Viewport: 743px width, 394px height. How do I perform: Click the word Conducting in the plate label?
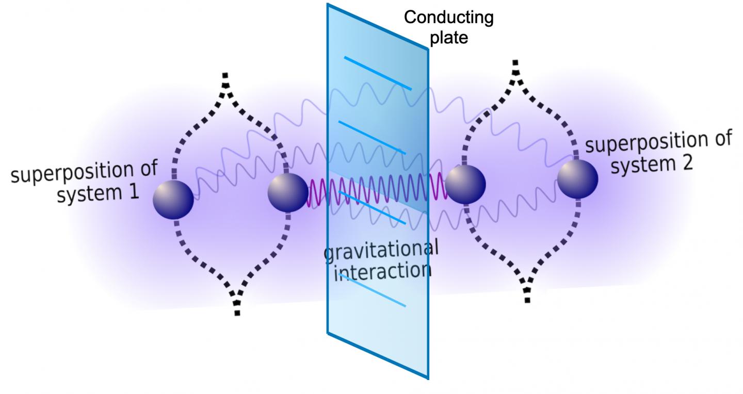click(448, 18)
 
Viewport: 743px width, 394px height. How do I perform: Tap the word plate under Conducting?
click(448, 37)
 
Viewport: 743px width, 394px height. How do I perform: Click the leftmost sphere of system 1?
click(173, 200)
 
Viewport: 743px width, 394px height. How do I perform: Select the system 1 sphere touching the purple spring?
click(288, 192)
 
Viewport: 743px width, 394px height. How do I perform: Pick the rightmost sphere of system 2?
click(577, 178)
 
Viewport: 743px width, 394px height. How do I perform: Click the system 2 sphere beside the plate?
click(465, 184)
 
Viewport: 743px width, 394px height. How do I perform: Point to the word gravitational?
click(381, 251)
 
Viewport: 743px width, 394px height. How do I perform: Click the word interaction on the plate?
click(382, 272)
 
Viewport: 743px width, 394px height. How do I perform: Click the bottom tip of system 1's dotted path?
click(237, 311)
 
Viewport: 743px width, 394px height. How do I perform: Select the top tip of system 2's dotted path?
click(514, 63)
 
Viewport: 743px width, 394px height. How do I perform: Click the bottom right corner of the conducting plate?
click(428, 379)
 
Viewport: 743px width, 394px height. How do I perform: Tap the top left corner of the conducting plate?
click(328, 5)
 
